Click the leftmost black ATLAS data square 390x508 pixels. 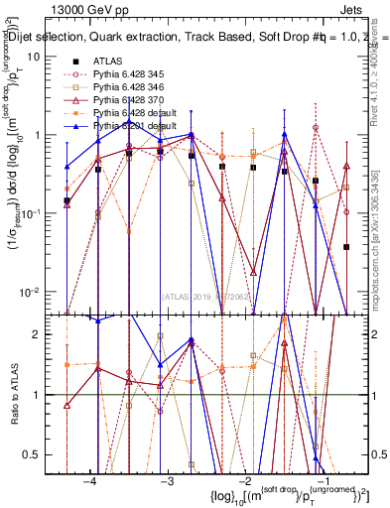66,201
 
